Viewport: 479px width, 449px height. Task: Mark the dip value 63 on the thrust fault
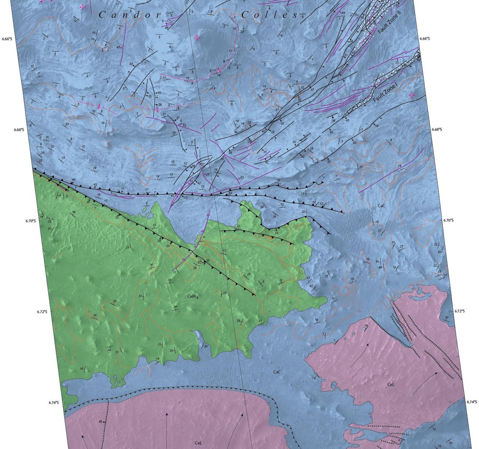(x=230, y=193)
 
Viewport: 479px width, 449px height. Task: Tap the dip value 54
(x=317, y=320)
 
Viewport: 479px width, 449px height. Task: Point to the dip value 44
(x=343, y=13)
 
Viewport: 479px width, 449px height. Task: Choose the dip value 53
(x=184, y=125)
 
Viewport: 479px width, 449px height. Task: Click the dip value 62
(x=418, y=60)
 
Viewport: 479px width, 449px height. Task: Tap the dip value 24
(x=95, y=168)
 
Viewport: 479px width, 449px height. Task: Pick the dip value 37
(x=312, y=90)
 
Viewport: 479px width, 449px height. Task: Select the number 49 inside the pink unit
(x=100, y=422)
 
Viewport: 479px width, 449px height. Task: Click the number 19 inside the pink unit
(x=366, y=325)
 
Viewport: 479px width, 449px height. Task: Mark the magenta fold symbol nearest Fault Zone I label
(x=412, y=95)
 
